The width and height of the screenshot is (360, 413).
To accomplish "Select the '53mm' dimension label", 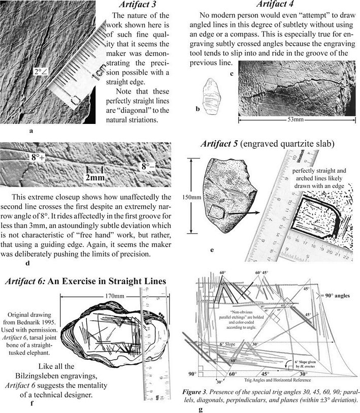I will [x=295, y=119].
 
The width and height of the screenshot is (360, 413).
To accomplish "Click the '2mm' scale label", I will [x=95, y=177].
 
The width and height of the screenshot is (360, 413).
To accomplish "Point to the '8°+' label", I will [x=38, y=157].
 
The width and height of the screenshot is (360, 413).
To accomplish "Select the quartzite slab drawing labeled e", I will [x=224, y=195].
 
